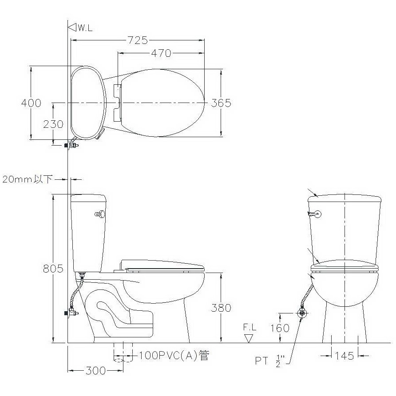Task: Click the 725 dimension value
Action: click(x=137, y=40)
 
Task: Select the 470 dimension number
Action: click(x=161, y=53)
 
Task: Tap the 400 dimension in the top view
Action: click(x=31, y=103)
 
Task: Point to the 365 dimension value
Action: click(x=221, y=103)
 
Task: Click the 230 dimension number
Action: click(x=53, y=124)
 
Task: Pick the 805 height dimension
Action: click(x=53, y=269)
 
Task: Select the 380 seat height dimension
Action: click(x=221, y=308)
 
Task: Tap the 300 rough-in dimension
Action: click(x=95, y=371)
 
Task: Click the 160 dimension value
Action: click(x=280, y=328)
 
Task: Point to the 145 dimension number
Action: click(x=344, y=356)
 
